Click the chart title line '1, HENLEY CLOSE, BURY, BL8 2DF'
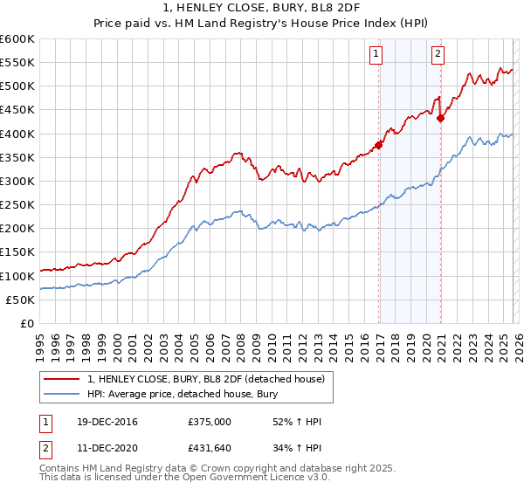coord(262,8)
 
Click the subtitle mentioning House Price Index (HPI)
coord(262,23)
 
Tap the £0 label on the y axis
coord(28,323)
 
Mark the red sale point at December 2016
coord(379,145)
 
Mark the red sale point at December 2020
coord(441,118)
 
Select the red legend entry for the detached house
coord(205,379)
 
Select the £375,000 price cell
coord(210,422)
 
